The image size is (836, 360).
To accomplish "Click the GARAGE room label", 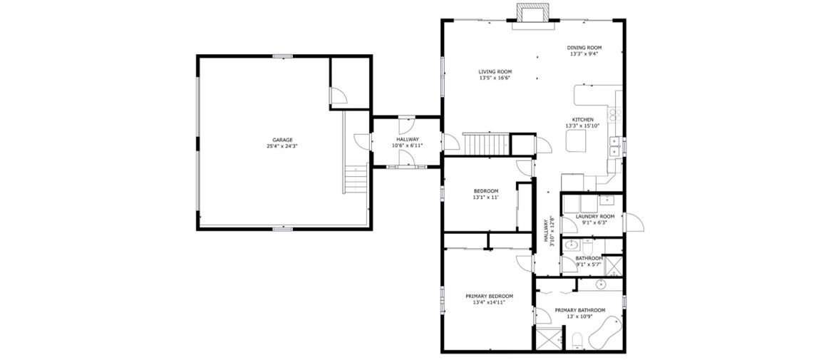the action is [282, 140].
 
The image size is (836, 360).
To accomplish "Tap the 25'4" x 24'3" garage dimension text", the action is [282, 145].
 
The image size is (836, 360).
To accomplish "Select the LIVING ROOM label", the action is [495, 72].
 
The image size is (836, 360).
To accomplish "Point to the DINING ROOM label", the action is [584, 48].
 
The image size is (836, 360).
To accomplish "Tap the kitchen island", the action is [576, 140].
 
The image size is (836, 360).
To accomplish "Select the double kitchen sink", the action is [615, 146].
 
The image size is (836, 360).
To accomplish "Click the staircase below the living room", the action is [486, 144].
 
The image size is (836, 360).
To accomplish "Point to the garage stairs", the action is [355, 179].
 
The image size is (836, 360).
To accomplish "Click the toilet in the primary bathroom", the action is [577, 341].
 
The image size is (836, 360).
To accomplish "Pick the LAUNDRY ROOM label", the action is [595, 217].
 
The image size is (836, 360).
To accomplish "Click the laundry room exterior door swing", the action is [634, 222].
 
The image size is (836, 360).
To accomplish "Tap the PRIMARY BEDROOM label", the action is [489, 297].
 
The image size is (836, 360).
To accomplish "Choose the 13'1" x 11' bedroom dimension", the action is [486, 197].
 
